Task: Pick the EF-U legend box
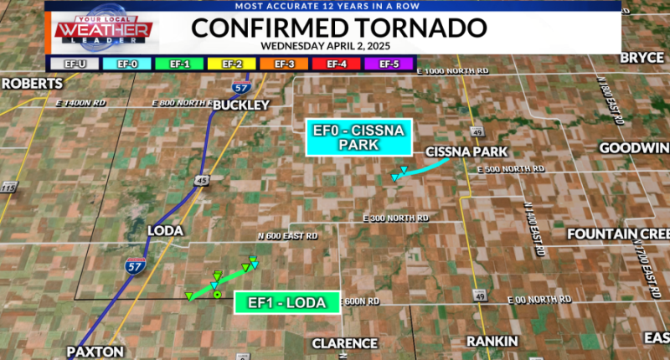(x=70, y=62)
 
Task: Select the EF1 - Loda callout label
(x=287, y=302)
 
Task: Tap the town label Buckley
(x=241, y=105)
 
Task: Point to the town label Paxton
(x=97, y=352)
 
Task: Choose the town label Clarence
(x=344, y=343)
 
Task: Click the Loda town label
(x=164, y=229)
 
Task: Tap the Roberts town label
(x=32, y=84)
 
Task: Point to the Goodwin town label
(x=634, y=148)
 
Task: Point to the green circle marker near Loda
(x=217, y=295)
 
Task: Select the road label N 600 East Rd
(x=287, y=237)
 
